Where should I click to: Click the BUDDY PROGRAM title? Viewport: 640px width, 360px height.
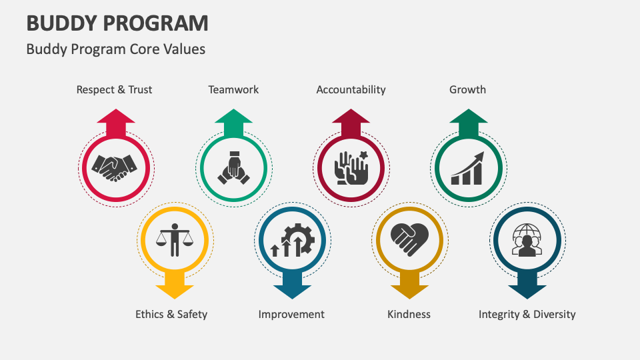pos(117,23)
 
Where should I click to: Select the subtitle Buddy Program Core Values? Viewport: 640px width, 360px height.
pos(115,49)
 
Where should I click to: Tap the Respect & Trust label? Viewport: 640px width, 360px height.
pos(114,90)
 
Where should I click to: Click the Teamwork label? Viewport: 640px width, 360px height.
pos(233,90)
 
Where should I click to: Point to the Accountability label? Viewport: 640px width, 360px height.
pos(351,90)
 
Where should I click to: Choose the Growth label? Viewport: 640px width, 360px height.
pos(468,90)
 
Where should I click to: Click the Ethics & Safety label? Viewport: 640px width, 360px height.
pos(171,314)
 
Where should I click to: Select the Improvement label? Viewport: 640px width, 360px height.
pos(291,314)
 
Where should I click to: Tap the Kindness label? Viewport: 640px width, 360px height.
pos(409,314)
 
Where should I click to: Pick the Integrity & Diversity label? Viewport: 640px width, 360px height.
pos(527,314)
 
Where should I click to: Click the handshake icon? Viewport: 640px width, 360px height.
pos(114,168)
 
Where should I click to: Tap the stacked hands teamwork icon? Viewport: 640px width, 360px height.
pos(233,168)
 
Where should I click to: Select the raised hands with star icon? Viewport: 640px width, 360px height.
pos(351,168)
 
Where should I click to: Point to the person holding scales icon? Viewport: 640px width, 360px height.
pos(175,240)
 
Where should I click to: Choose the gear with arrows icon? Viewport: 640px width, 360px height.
pos(292,240)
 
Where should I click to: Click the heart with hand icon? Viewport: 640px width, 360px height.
pos(409,239)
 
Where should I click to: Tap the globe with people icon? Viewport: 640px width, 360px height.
pos(527,240)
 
